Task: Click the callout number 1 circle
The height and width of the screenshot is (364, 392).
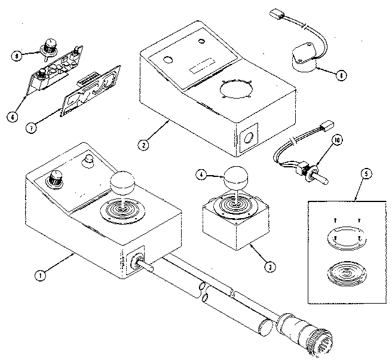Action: pyautogui.click(x=39, y=276)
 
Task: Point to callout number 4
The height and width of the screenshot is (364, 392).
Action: pyautogui.click(x=202, y=175)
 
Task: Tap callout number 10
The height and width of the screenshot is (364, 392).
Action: pyautogui.click(x=337, y=140)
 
